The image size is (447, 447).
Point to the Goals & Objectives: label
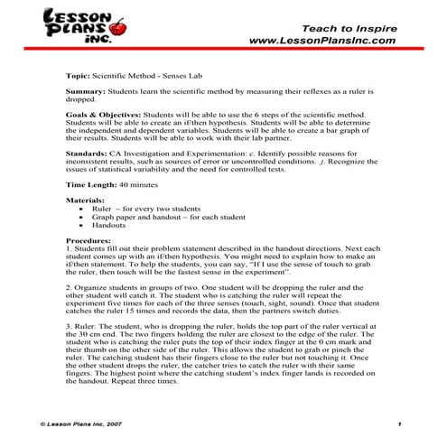click(103, 116)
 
